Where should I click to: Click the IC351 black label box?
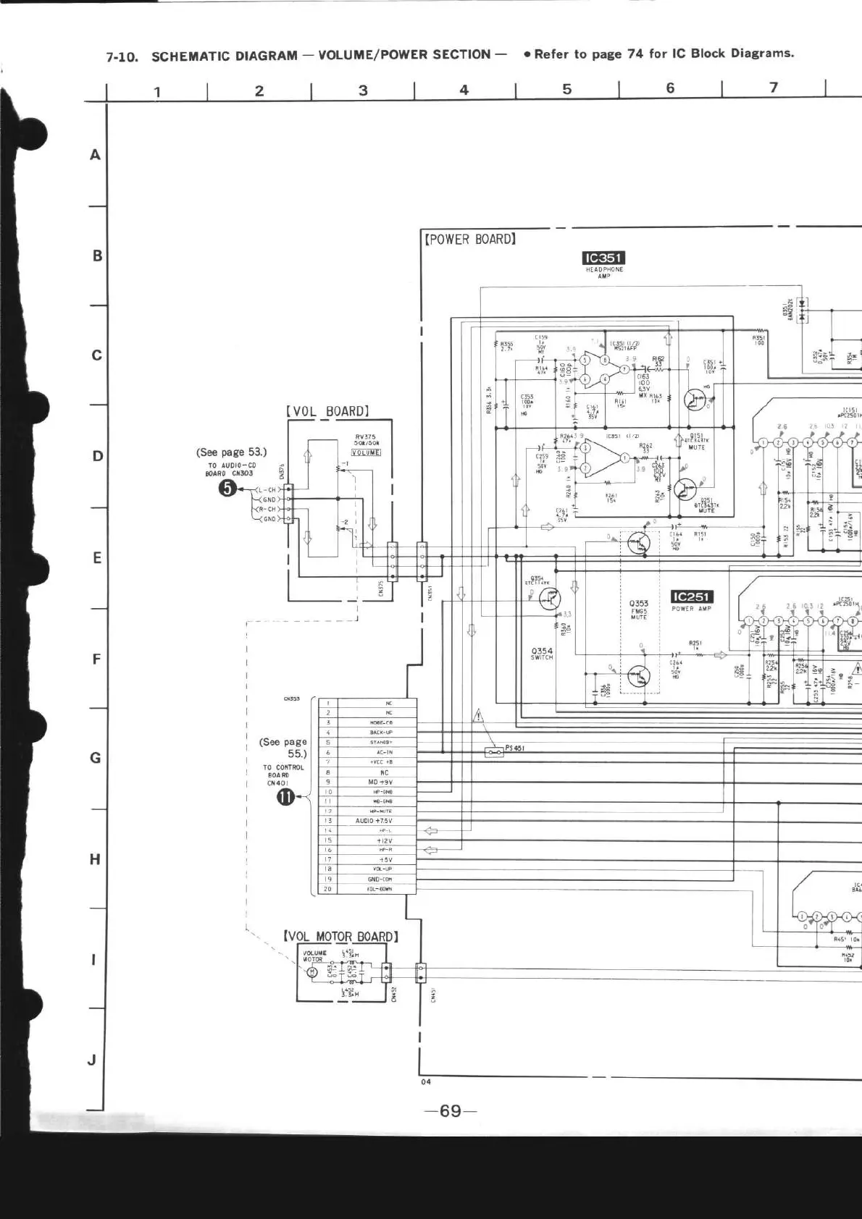pyautogui.click(x=603, y=258)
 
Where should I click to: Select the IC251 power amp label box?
pyautogui.click(x=692, y=596)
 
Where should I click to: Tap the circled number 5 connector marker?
pyautogui.click(x=227, y=489)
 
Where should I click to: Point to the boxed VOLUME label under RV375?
pyautogui.click(x=366, y=452)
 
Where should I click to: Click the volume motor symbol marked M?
pyautogui.click(x=313, y=972)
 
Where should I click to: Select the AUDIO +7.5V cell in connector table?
pyautogui.click(x=374, y=821)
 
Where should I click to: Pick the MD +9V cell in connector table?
pyautogui.click(x=380, y=782)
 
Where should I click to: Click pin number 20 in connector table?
pyautogui.click(x=328, y=889)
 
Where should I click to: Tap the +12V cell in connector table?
pyautogui.click(x=384, y=840)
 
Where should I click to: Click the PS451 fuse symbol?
pyautogui.click(x=494, y=752)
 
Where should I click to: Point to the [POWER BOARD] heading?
pyautogui.click(x=469, y=239)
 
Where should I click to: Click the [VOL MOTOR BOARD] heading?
pyautogui.click(x=341, y=936)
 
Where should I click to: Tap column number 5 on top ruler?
pyautogui.click(x=567, y=89)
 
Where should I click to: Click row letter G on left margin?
pyautogui.click(x=95, y=758)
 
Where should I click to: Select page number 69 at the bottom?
pyautogui.click(x=450, y=1110)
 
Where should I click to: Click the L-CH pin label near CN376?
pyautogui.click(x=267, y=490)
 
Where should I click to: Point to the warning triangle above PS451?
pyautogui.click(x=478, y=716)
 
